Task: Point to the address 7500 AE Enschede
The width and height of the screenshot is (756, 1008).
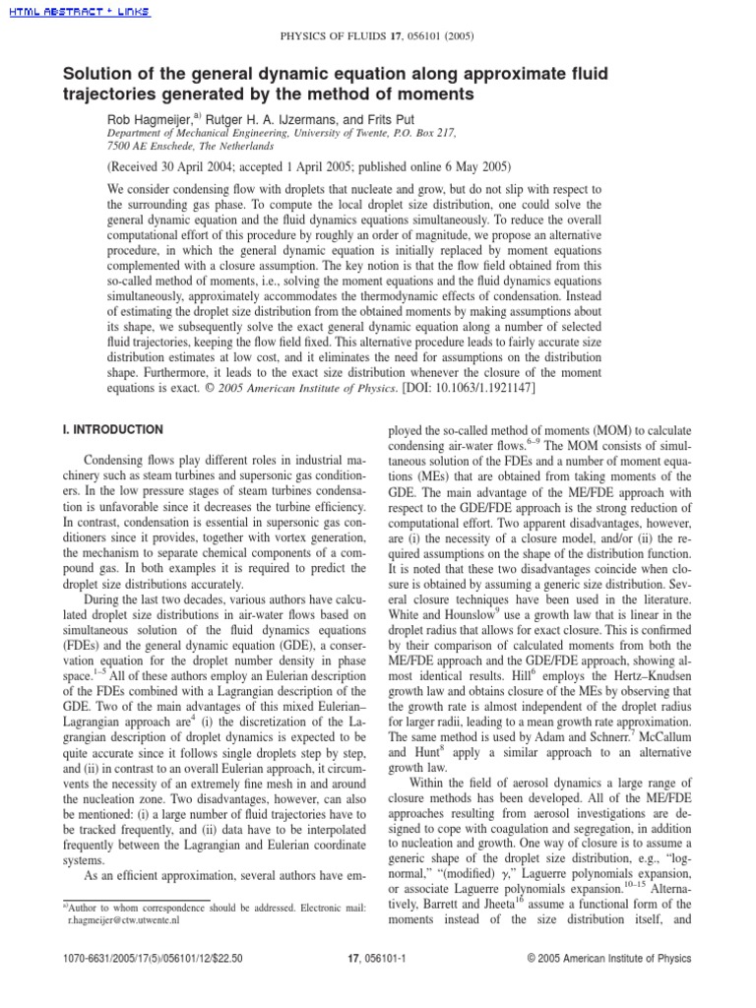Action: [x=156, y=144]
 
